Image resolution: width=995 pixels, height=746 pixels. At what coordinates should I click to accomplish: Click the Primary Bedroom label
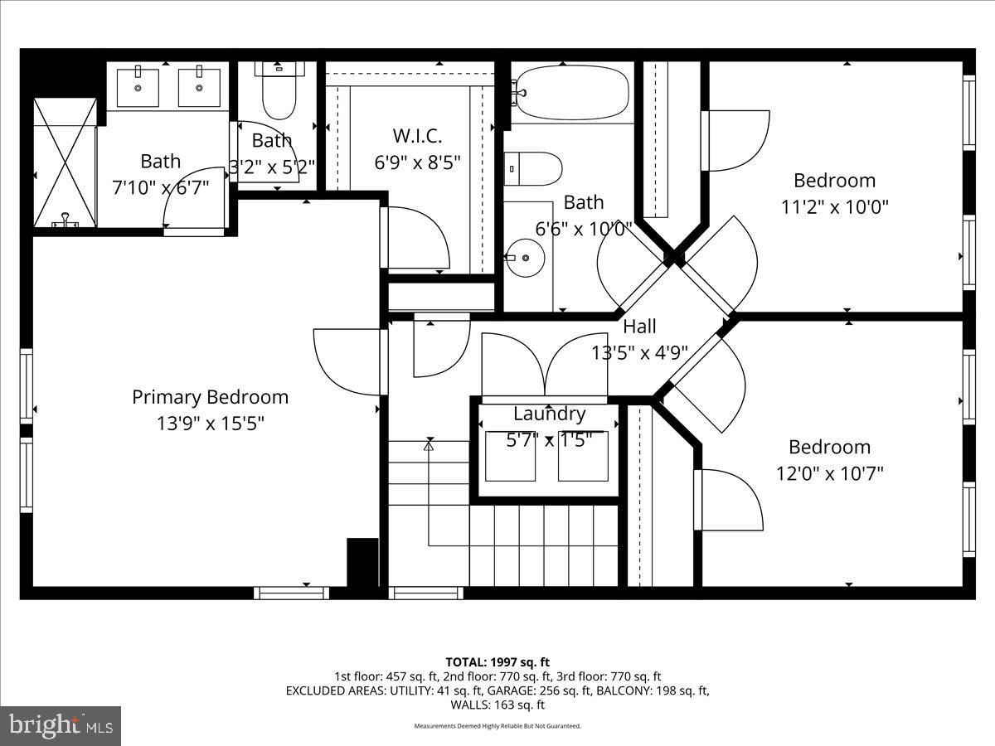(x=210, y=397)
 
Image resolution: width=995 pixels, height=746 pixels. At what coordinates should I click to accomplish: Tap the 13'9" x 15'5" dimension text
(x=210, y=424)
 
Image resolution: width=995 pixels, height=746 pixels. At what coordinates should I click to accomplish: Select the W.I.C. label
(x=416, y=135)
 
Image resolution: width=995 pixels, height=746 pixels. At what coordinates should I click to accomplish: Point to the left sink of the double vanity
(x=138, y=88)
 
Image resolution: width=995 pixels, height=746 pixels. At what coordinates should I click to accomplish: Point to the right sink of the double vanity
(x=199, y=88)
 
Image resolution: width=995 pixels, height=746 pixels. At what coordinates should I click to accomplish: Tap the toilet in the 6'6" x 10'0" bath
(x=532, y=168)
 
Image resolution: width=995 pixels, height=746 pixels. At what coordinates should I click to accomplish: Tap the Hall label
(x=639, y=327)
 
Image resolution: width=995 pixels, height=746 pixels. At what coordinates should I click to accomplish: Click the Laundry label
(x=549, y=414)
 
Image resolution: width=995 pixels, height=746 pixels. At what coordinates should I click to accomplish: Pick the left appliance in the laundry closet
(x=509, y=456)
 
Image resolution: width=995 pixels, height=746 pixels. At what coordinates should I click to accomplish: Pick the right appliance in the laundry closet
(x=583, y=456)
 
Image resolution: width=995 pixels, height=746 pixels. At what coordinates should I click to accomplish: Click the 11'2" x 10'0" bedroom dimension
(x=834, y=206)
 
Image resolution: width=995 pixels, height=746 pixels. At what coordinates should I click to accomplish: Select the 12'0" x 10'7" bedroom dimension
(x=829, y=473)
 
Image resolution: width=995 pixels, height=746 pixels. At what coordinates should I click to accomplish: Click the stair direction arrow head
(x=429, y=445)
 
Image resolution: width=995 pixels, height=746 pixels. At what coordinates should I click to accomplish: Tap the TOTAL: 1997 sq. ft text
(x=498, y=661)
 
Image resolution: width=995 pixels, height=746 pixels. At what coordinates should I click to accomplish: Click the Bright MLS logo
(x=61, y=726)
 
